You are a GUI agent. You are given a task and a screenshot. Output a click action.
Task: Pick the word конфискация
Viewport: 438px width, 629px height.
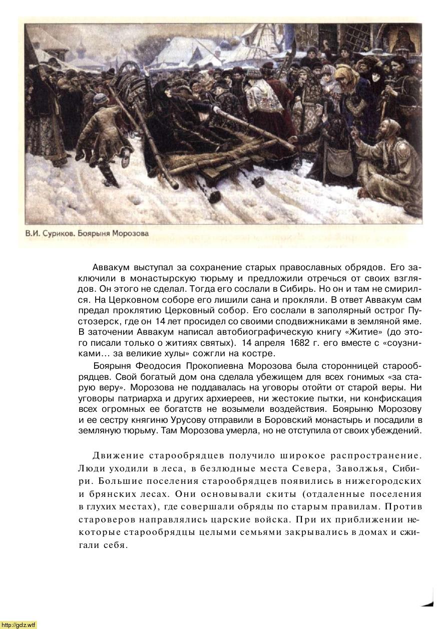[395, 398]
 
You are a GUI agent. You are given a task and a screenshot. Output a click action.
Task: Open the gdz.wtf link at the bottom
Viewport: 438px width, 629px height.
[19, 624]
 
